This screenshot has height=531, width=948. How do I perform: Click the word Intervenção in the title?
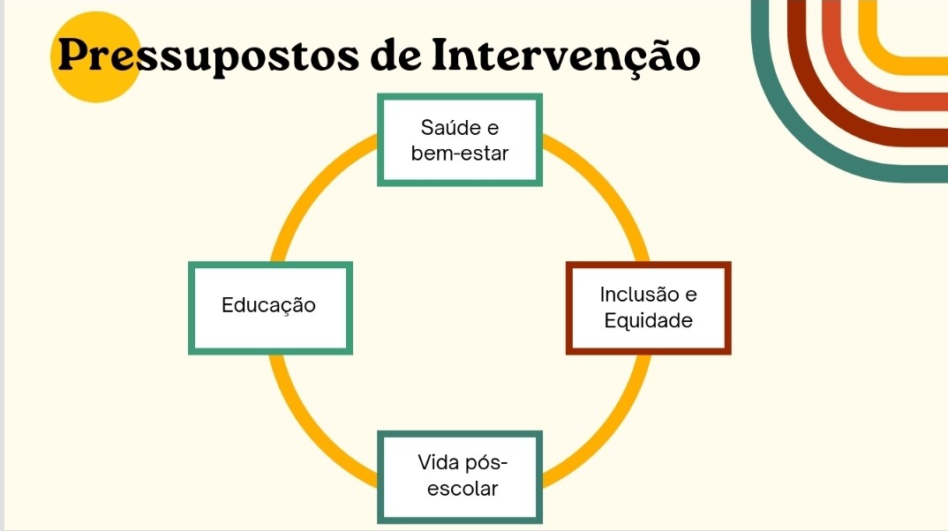click(566, 55)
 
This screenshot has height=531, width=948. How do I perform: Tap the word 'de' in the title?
click(395, 55)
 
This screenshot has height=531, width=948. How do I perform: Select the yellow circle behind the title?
click(95, 56)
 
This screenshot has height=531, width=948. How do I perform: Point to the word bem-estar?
click(460, 153)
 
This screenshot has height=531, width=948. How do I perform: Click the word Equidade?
click(648, 321)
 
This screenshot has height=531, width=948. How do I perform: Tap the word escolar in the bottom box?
click(463, 489)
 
